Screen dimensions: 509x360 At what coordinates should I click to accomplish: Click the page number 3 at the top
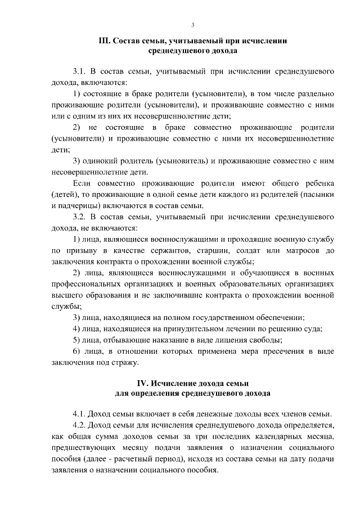(x=192, y=25)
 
